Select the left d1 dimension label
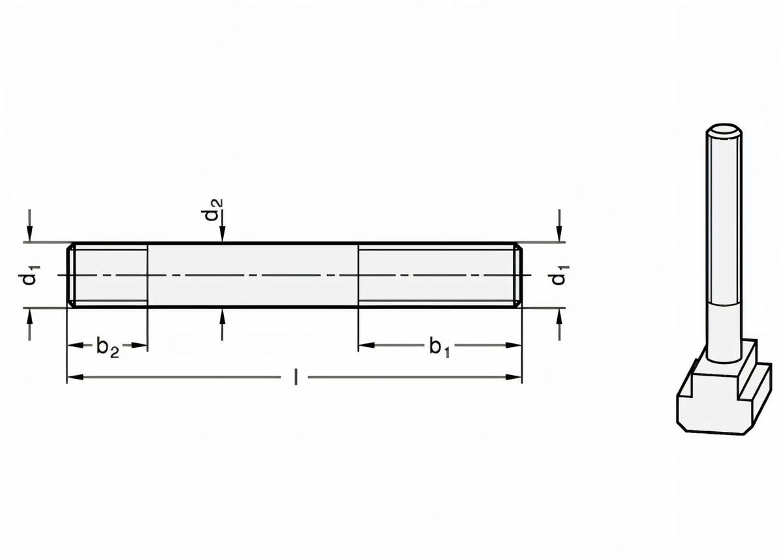coord(27,275)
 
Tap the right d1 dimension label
coord(559,275)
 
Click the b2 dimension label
coord(108,347)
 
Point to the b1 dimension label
coord(439,347)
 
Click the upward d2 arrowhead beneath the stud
coord(223,315)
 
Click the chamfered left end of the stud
coord(71,275)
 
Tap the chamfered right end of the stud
coord(518,275)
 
